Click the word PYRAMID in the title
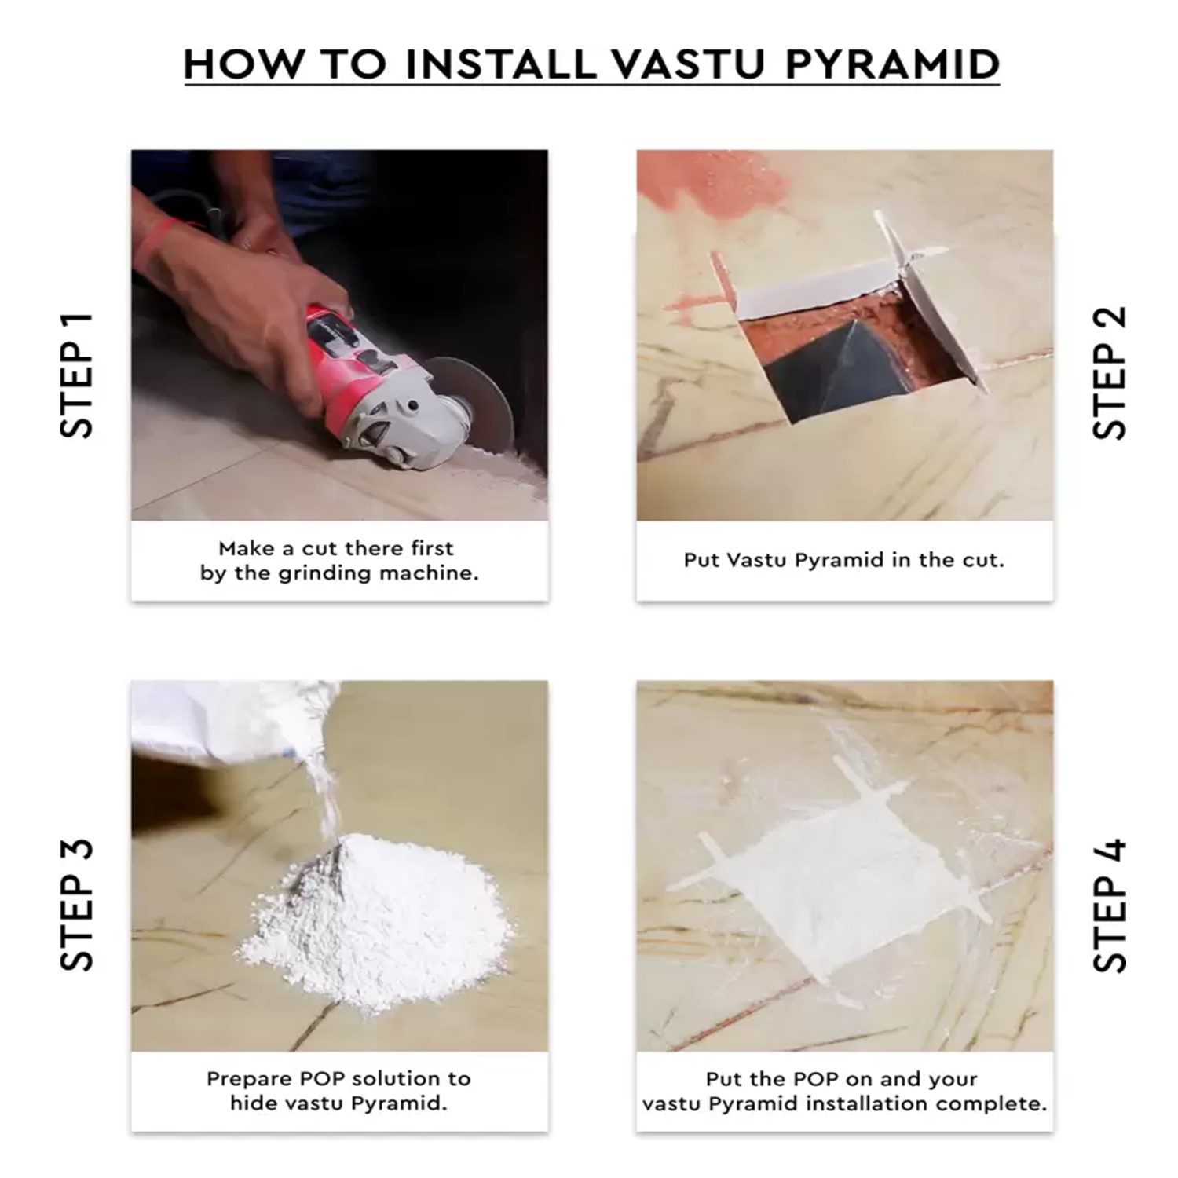892,64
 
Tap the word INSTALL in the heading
500,64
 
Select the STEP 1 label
76,375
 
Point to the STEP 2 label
1110,372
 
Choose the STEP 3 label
76,905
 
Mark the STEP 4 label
1110,906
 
